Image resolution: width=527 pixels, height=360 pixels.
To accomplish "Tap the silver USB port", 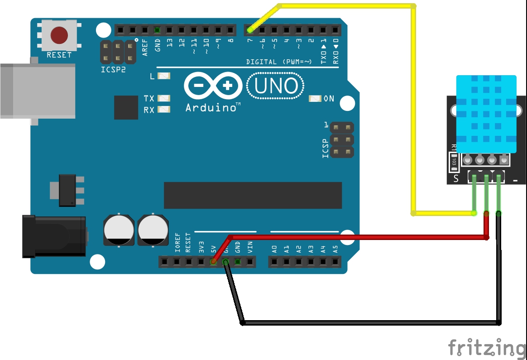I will coord(36,91).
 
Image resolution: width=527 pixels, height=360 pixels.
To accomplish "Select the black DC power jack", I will coord(54,236).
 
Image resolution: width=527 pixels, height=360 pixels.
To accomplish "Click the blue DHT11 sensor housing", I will coord(486,113).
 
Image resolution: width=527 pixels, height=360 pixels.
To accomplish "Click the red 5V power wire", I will coord(358,236).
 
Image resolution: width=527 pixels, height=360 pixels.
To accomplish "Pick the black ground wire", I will coord(371,322).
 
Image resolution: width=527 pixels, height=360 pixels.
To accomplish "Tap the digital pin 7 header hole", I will coord(250,30).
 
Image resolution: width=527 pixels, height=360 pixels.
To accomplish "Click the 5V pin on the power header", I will coord(213,261).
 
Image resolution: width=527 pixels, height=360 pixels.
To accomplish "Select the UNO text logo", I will coord(276,86).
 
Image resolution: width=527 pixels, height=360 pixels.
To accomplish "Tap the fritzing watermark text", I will coord(487,348).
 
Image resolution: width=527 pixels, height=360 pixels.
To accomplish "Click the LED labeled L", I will coord(163,76).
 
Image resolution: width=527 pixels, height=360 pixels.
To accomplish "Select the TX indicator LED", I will coord(163,98).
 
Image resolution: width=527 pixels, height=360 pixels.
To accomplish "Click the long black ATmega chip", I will coord(253,195).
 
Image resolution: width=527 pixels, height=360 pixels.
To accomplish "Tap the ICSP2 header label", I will coord(113,70).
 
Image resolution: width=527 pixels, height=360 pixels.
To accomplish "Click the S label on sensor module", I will coord(456,178).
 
